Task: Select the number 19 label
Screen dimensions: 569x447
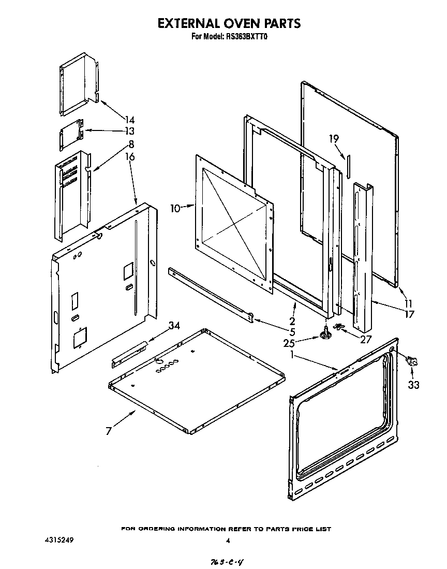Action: (334, 138)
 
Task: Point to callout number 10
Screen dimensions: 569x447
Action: (176, 208)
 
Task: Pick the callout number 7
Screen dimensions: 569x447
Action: (109, 431)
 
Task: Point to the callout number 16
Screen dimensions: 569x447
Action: (130, 157)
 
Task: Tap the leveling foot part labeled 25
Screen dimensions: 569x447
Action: (325, 335)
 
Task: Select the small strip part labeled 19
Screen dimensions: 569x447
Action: (348, 164)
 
